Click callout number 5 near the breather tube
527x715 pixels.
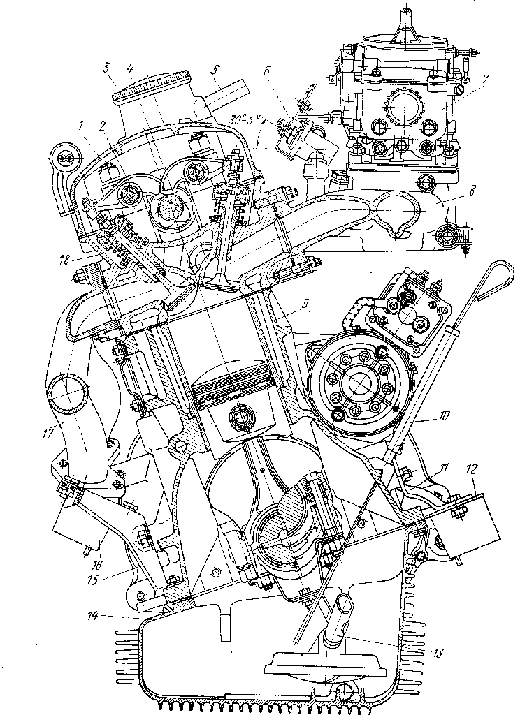(x=216, y=70)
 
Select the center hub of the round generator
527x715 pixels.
(x=361, y=382)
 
